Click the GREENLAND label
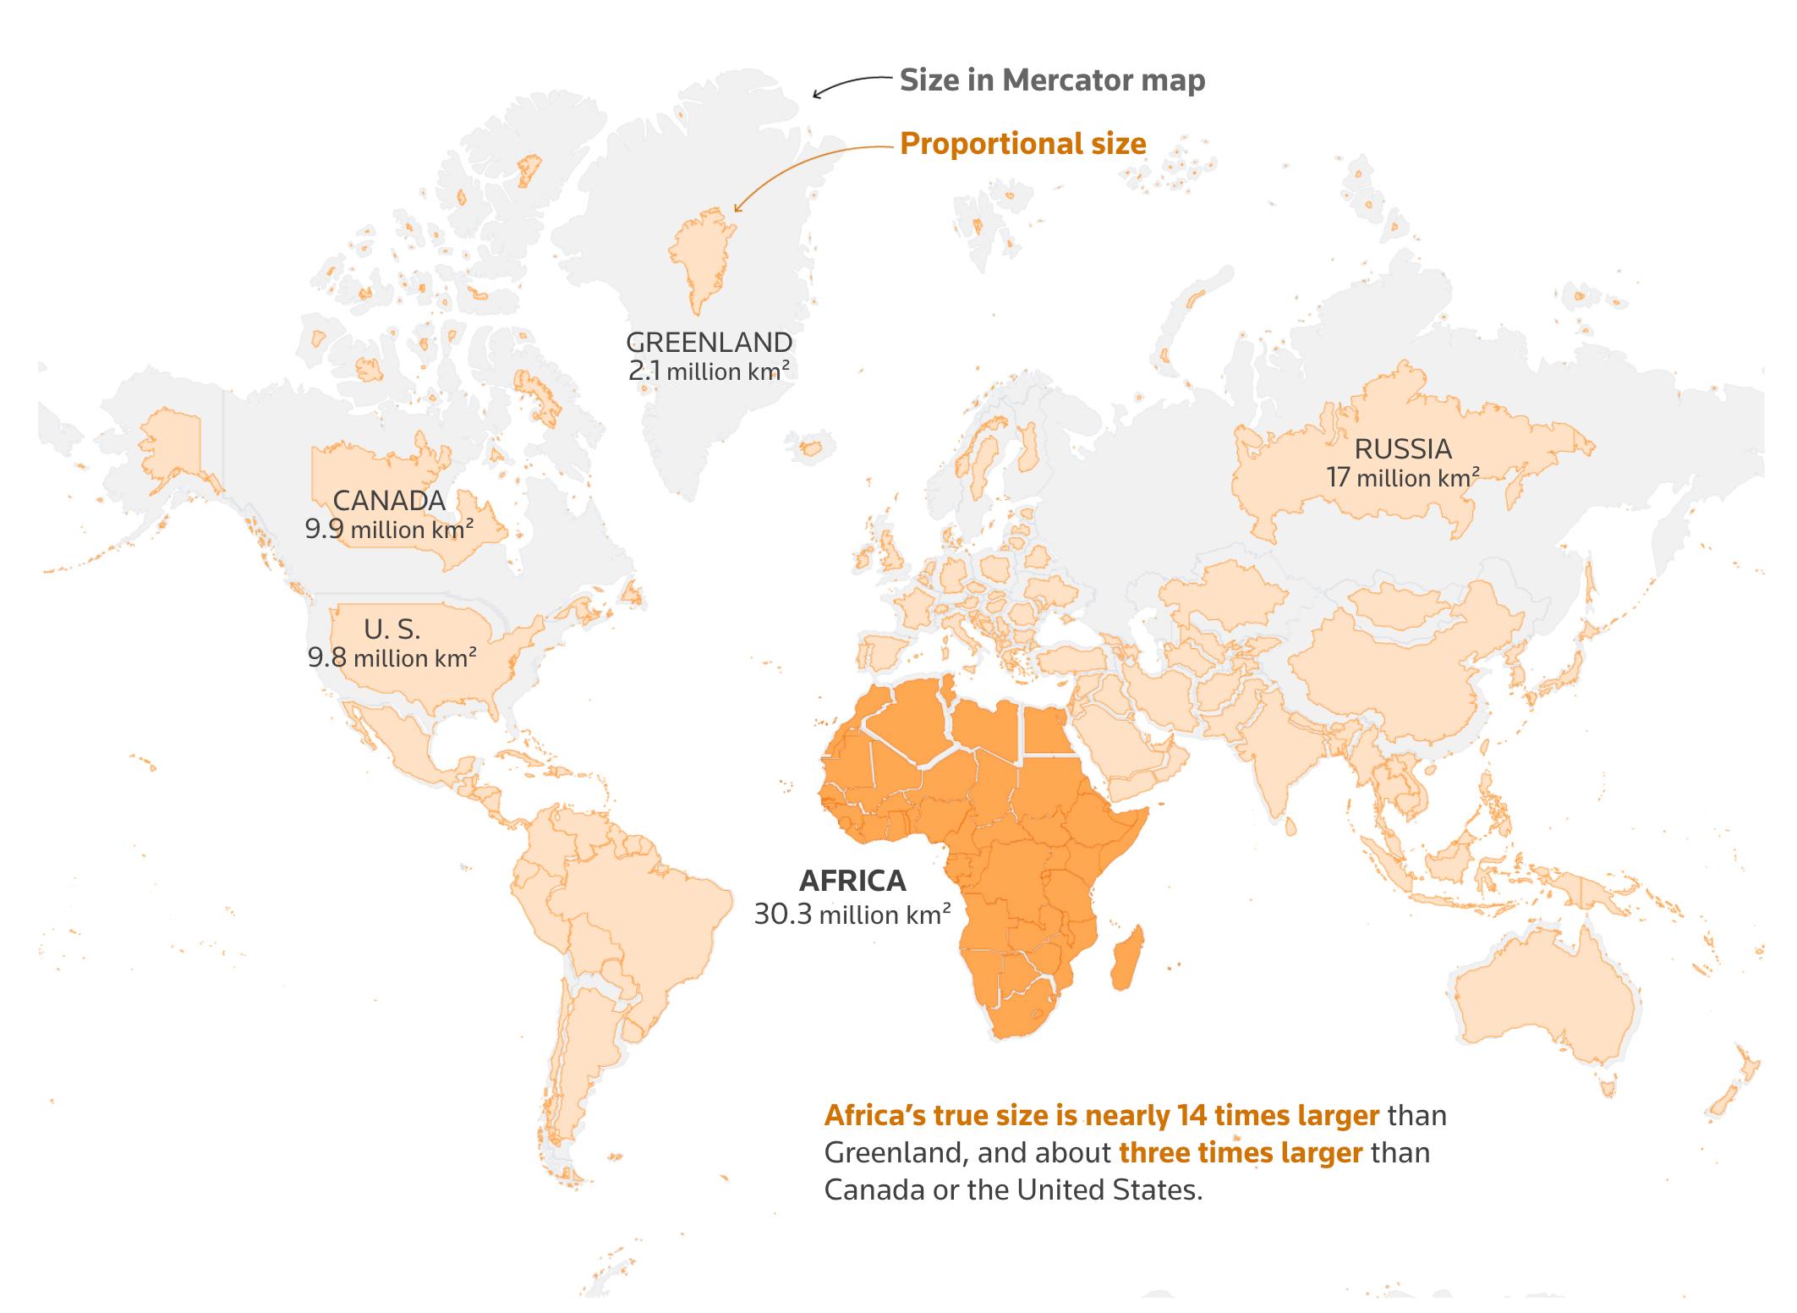tap(709, 343)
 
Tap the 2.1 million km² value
tap(709, 371)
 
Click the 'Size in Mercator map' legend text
tap(1051, 80)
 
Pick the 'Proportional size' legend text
tap(1022, 144)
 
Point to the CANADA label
tap(389, 501)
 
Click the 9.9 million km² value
tap(389, 530)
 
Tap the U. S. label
tap(392, 629)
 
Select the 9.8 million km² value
tap(392, 658)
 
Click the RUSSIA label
tap(1402, 449)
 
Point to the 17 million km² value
tap(1402, 478)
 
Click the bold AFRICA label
tap(852, 882)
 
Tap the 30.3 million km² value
tap(852, 915)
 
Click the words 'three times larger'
tap(1240, 1153)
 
